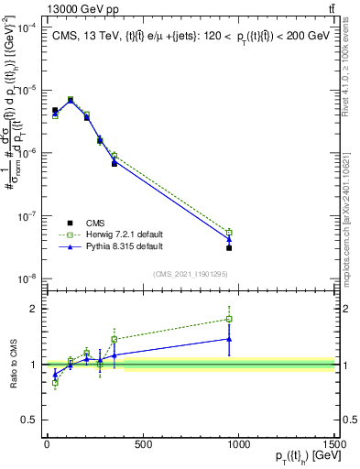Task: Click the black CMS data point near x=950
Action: (229, 247)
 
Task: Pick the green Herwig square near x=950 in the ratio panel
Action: (229, 320)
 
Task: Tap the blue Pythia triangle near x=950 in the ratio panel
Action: (229, 339)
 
